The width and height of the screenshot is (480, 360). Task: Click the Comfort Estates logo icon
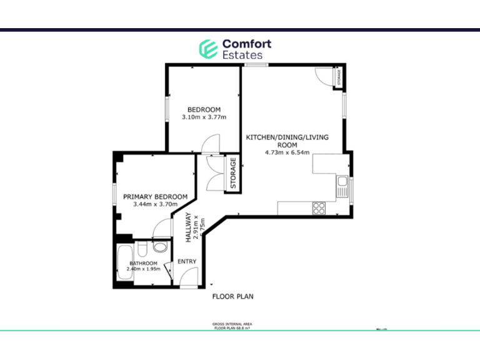pyautogui.click(x=208, y=49)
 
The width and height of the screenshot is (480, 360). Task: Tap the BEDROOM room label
pyautogui.click(x=204, y=110)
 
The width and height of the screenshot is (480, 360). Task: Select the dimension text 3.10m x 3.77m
pyautogui.click(x=204, y=117)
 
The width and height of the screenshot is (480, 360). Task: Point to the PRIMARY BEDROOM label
pyautogui.click(x=155, y=196)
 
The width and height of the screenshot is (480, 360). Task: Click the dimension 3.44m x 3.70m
pyautogui.click(x=156, y=204)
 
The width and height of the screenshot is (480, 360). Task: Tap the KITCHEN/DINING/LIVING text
pyautogui.click(x=287, y=137)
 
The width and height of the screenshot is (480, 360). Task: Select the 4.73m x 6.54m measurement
pyautogui.click(x=287, y=152)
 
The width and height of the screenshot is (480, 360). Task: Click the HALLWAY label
pyautogui.click(x=187, y=227)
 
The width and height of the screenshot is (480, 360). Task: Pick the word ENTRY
pyautogui.click(x=187, y=261)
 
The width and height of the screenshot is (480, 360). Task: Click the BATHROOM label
pyautogui.click(x=143, y=263)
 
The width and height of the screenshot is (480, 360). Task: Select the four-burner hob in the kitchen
pyautogui.click(x=319, y=208)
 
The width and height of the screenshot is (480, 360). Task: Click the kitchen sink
pyautogui.click(x=342, y=185)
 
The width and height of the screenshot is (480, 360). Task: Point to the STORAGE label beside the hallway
pyautogui.click(x=233, y=173)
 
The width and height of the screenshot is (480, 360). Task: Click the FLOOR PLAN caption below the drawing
pyautogui.click(x=233, y=297)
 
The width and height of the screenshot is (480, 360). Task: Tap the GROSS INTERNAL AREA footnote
pyautogui.click(x=233, y=324)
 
